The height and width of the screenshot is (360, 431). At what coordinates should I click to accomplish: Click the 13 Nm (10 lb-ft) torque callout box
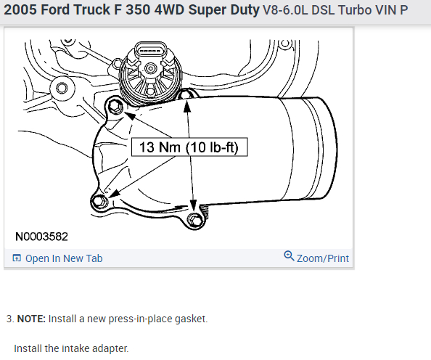pos(189,147)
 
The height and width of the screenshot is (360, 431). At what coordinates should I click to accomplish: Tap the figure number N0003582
pos(41,237)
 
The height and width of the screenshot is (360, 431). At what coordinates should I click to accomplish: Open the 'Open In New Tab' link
pos(64,258)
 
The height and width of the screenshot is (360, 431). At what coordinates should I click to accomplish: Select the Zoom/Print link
pos(323,258)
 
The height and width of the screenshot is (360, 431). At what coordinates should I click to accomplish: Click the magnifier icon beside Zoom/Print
pos(289,255)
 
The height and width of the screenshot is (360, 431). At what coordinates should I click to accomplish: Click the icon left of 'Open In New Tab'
pos(17,258)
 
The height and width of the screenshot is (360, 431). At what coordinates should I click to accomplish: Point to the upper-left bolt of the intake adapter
pos(115,106)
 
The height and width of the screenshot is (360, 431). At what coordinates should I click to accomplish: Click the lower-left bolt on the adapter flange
pos(99,201)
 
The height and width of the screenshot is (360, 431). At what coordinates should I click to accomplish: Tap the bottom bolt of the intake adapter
pos(194,219)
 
